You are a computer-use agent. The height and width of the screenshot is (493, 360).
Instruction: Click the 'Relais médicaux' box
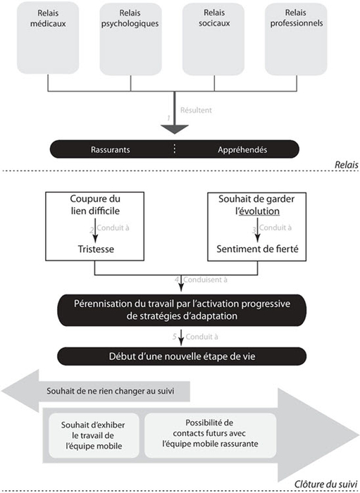pyautogui.click(x=48, y=38)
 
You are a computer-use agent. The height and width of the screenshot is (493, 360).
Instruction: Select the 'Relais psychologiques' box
pyautogui.click(x=130, y=39)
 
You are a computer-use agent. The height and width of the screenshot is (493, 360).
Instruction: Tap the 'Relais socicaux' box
pyautogui.click(x=213, y=39)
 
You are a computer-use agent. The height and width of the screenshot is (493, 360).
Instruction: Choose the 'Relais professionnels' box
pyautogui.click(x=296, y=39)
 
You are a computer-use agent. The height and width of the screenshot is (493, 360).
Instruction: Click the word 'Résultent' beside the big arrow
pyautogui.click(x=196, y=110)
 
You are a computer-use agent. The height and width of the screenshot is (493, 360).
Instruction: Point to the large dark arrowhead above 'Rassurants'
pyautogui.click(x=175, y=129)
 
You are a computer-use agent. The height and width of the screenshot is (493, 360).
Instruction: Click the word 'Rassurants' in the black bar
pyautogui.click(x=110, y=149)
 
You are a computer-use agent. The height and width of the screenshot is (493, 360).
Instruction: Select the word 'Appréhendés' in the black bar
pyautogui.click(x=242, y=149)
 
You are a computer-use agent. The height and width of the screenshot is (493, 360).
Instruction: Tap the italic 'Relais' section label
pyautogui.click(x=346, y=165)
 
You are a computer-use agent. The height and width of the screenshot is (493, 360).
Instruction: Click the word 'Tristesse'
pyautogui.click(x=96, y=249)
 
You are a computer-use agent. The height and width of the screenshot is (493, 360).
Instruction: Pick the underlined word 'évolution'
pyautogui.click(x=259, y=211)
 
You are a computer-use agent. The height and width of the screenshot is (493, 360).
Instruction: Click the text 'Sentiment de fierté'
pyautogui.click(x=257, y=249)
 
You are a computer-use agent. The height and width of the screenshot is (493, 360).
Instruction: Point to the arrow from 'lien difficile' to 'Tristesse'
pyautogui.click(x=96, y=230)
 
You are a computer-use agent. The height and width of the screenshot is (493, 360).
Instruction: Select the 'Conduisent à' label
pyautogui.click(x=205, y=280)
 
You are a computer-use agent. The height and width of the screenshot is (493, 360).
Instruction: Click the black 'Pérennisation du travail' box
pyautogui.click(x=182, y=310)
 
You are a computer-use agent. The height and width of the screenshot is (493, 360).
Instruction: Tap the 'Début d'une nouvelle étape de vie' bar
pyautogui.click(x=182, y=356)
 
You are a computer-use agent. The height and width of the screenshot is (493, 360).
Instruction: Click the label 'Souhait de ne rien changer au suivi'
pyautogui.click(x=111, y=391)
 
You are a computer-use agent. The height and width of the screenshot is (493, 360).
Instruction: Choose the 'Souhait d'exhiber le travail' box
pyautogui.click(x=94, y=435)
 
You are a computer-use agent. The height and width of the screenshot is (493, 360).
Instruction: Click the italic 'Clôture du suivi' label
pyautogui.click(x=326, y=484)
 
